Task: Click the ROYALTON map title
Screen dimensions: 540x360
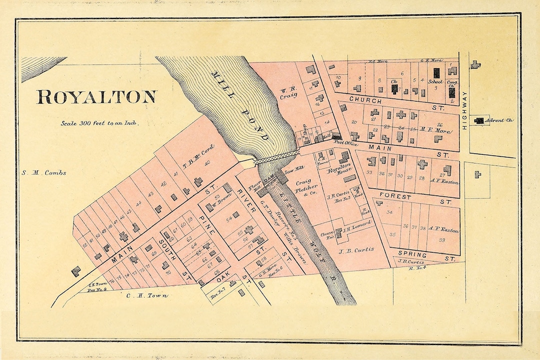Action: pyautogui.click(x=96, y=97)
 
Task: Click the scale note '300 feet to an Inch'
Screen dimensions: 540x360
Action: pyautogui.click(x=99, y=122)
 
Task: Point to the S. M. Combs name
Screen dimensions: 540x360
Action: pyautogui.click(x=44, y=173)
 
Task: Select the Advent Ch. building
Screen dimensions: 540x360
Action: pyautogui.click(x=479, y=120)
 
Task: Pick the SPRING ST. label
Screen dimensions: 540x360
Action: pyautogui.click(x=424, y=254)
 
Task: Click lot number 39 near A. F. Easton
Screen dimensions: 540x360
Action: pyautogui.click(x=442, y=240)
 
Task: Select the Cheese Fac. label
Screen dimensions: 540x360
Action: pyautogui.click(x=328, y=234)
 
